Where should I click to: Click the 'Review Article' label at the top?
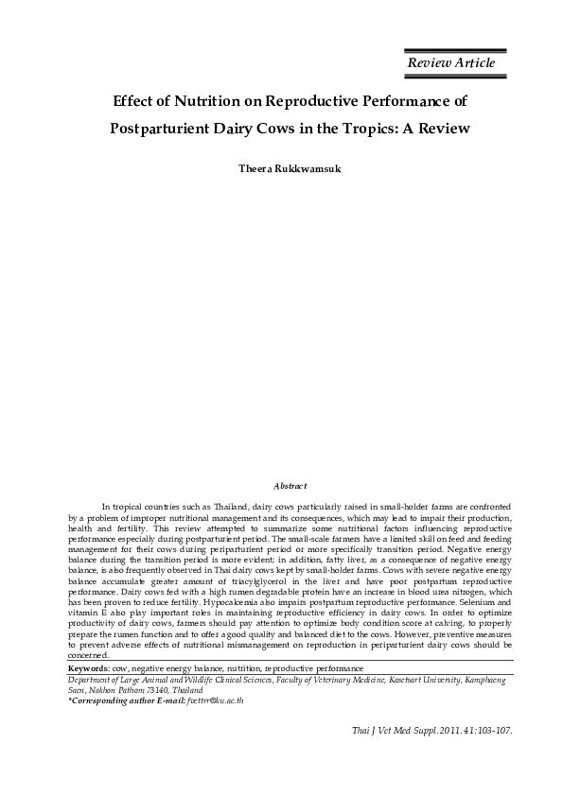pos(450,62)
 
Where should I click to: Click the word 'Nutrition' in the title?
pos(207,99)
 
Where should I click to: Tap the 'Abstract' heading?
pos(290,485)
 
